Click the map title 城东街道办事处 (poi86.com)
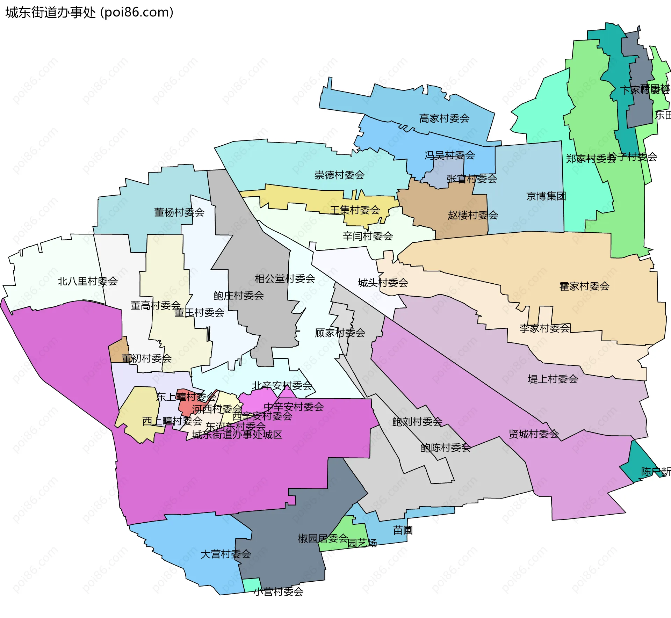pos(89,13)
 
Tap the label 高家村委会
pos(444,118)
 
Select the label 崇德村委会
pos(339,175)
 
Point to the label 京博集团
pos(546,196)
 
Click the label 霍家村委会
pos(584,286)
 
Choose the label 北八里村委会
pos(87,281)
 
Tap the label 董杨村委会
pos(179,212)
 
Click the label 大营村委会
pos(225,554)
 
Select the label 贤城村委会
pos(533,434)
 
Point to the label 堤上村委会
pos(552,379)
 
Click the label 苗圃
pos(403,530)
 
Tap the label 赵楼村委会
pos(472,215)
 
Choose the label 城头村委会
pos(383,283)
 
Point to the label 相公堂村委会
pos(285,279)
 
